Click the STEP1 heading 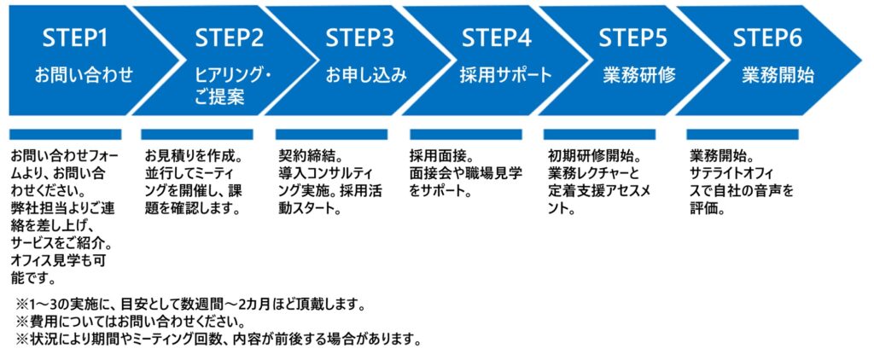(x=75, y=38)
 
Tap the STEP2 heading (x=230, y=38)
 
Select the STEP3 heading (x=360, y=38)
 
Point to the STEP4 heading (x=498, y=38)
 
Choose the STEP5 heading (x=634, y=38)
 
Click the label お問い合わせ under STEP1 (x=84, y=74)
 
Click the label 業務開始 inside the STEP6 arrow (x=778, y=74)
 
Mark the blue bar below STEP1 (x=65, y=134)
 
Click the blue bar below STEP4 (x=466, y=134)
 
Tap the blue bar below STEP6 (x=743, y=134)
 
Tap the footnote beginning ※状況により (x=218, y=339)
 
